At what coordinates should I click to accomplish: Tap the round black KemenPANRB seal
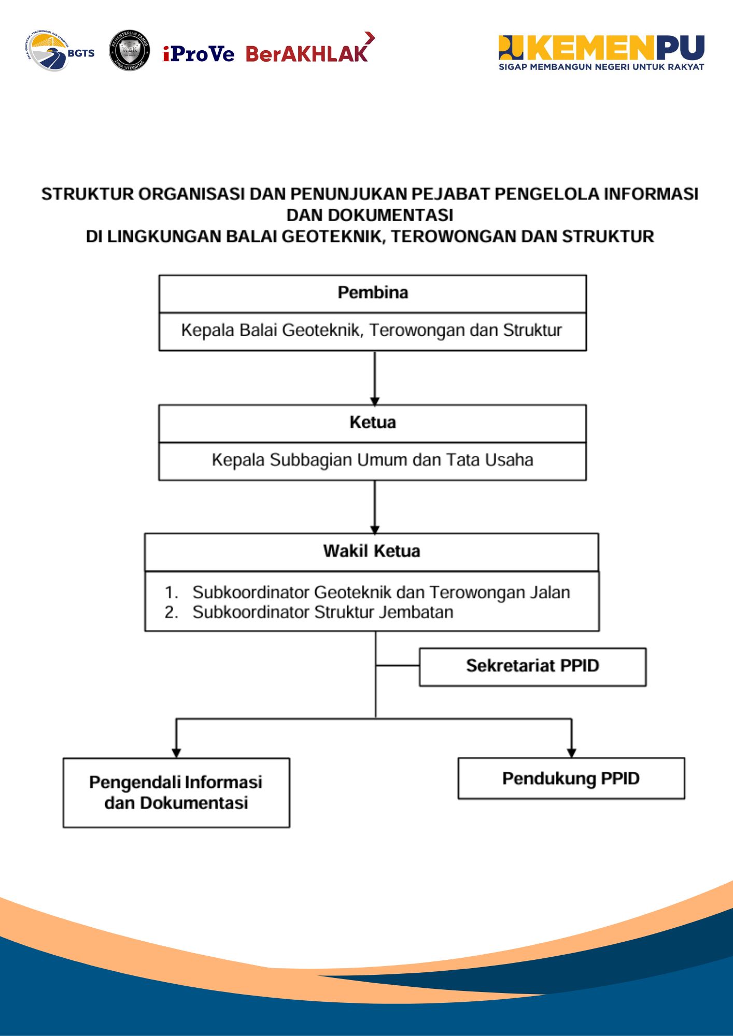click(130, 50)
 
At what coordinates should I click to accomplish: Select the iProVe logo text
click(199, 53)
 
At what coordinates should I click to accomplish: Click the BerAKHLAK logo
click(308, 52)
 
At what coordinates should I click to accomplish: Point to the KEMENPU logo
click(601, 48)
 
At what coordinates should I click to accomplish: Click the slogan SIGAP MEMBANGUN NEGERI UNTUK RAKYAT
click(601, 67)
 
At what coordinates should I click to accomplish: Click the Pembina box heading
click(373, 293)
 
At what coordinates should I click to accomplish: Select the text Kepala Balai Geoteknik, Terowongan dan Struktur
click(372, 330)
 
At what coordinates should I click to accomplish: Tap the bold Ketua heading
click(373, 423)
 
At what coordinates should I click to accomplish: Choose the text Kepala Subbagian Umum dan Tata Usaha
click(372, 460)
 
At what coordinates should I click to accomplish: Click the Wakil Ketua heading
click(372, 551)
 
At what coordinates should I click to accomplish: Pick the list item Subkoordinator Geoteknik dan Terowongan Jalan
click(381, 592)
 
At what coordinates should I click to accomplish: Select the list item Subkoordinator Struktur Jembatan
click(322, 612)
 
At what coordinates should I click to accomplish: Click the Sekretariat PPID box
click(532, 666)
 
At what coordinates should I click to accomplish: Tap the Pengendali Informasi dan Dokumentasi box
click(176, 793)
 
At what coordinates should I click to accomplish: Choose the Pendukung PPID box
click(571, 779)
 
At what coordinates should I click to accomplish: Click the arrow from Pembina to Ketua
click(375, 378)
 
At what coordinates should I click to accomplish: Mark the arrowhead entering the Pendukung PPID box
click(571, 753)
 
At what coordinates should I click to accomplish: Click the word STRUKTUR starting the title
click(87, 194)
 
